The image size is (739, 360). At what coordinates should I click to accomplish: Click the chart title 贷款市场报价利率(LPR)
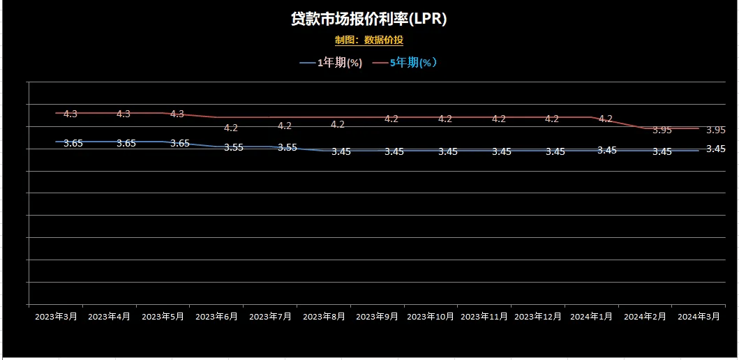tap(368, 19)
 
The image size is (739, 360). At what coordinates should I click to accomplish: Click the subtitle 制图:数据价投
tap(368, 40)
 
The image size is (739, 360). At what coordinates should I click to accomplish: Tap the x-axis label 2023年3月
tap(55, 317)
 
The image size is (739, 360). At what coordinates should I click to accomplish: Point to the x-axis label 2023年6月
tap(216, 317)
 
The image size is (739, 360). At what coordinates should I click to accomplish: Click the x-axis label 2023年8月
tap(324, 317)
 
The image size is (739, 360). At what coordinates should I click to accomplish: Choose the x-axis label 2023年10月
tap(431, 317)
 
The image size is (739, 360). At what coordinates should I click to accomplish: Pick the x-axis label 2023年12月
tap(538, 317)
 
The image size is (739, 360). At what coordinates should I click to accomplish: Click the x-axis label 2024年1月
tap(592, 317)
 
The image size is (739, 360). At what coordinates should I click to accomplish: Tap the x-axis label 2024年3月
tap(699, 317)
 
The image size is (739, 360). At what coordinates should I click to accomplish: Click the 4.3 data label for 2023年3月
tap(70, 114)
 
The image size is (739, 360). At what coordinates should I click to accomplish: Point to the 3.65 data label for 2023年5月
tap(180, 143)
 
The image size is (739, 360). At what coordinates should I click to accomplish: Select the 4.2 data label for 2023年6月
tap(231, 128)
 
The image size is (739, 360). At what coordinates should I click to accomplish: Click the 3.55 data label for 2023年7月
tap(288, 147)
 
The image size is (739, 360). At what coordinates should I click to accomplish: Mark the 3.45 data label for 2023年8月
tap(341, 151)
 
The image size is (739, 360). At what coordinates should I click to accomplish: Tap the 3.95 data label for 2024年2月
tap(662, 130)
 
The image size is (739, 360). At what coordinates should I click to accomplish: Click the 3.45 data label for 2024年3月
tap(716, 149)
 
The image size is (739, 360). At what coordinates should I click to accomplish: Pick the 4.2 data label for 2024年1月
tap(606, 119)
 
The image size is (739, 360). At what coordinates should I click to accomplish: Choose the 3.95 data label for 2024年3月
tap(716, 130)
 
